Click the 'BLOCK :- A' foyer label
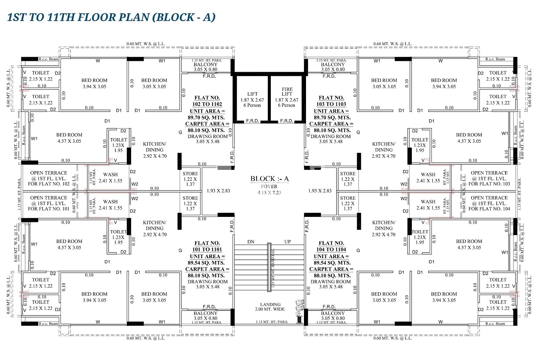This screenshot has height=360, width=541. point(269,179)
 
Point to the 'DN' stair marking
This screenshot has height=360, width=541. point(251,242)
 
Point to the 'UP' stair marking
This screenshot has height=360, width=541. point(287,242)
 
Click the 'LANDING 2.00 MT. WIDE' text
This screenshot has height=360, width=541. point(270,307)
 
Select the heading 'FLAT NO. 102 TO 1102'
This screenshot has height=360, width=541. point(208,101)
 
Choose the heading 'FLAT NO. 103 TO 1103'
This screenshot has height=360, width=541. point(331,101)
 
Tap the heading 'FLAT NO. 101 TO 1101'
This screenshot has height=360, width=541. point(208,246)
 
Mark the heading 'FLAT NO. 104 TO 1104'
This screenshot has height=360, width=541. point(331,246)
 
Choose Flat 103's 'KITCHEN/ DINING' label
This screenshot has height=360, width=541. point(383,150)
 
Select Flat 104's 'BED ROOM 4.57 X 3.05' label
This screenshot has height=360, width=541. point(469,244)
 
